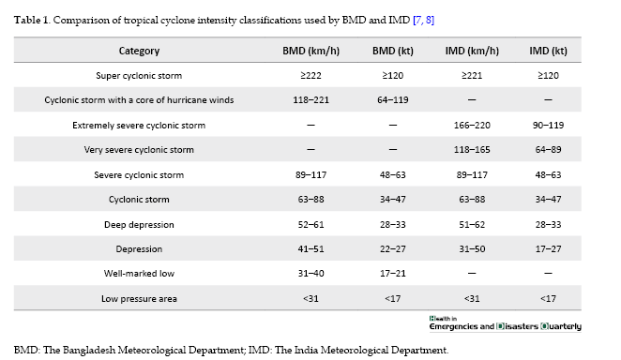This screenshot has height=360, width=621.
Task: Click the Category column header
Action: [x=139, y=51]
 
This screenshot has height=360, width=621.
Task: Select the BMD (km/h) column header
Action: [x=310, y=51]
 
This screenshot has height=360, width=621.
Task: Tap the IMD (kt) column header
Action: [x=548, y=51]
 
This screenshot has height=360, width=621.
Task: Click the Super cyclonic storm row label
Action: [x=139, y=76]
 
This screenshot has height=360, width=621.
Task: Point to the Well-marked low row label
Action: [x=139, y=274]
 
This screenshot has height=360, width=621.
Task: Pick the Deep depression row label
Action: [x=139, y=225]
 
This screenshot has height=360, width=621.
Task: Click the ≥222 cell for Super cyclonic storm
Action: [x=310, y=76]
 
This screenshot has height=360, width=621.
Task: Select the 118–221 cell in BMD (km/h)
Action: [x=310, y=100]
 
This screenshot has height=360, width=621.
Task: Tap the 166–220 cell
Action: [x=472, y=126]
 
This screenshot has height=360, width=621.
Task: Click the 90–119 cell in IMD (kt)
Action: [x=548, y=126]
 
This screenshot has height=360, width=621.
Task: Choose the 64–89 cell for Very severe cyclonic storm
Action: [x=548, y=150]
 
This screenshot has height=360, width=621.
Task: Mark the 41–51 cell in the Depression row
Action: [x=310, y=249]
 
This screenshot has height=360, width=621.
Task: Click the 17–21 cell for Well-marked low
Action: [x=392, y=274]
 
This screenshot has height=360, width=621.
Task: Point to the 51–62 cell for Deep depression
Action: [x=472, y=225]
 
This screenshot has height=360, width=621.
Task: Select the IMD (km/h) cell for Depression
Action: [x=472, y=249]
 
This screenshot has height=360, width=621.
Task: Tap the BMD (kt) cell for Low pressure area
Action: [x=392, y=299]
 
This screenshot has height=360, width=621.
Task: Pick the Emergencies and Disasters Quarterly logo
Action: [x=505, y=323]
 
